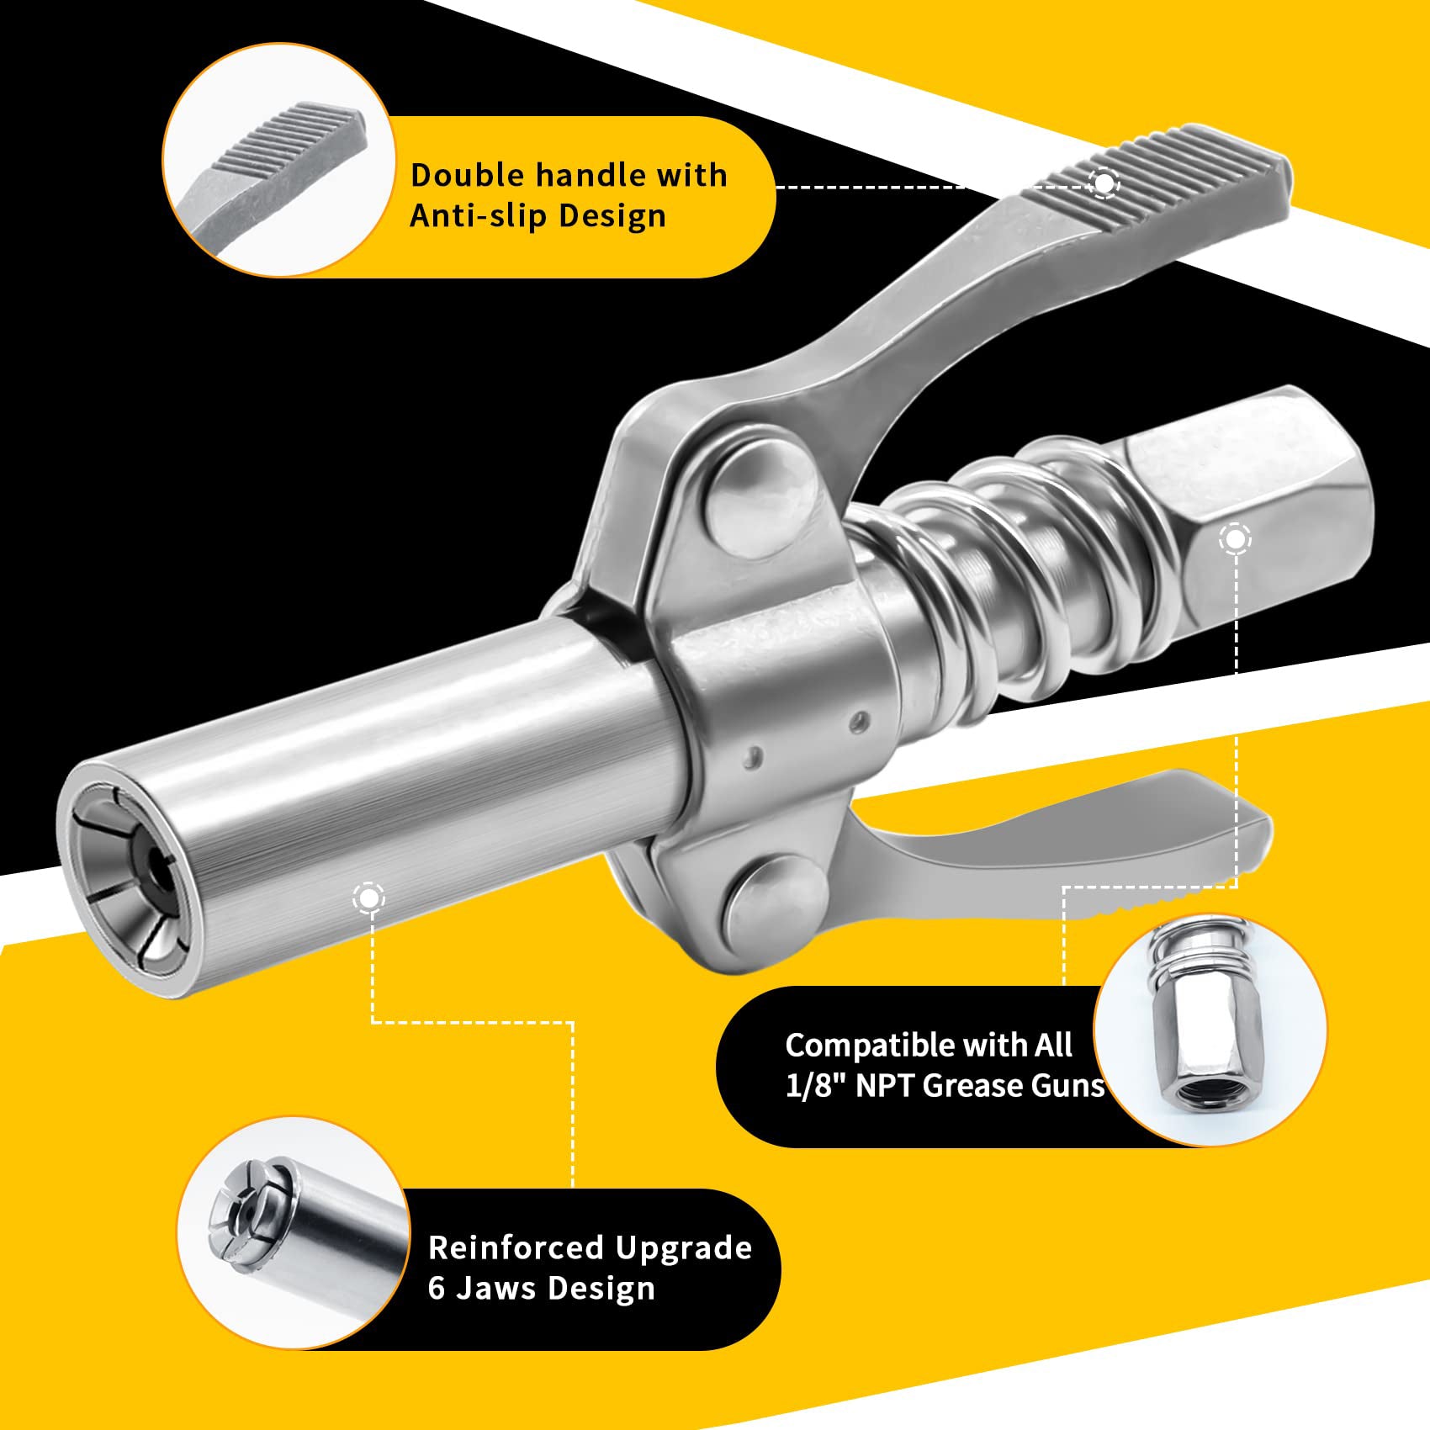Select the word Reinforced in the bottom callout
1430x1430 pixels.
(x=515, y=1247)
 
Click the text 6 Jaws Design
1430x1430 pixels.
(x=541, y=1289)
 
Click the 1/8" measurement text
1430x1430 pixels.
(x=816, y=1086)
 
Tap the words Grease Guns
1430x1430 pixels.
(x=1014, y=1086)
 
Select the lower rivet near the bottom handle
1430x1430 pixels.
(x=772, y=893)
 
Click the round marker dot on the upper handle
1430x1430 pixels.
(x=1104, y=183)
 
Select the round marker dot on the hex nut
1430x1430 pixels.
(x=1234, y=539)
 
